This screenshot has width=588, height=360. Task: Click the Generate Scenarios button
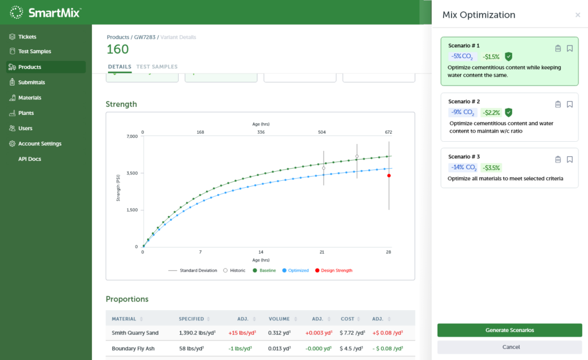click(x=509, y=330)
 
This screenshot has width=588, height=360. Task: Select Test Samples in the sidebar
click(x=34, y=52)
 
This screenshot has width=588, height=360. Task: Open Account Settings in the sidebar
click(x=40, y=144)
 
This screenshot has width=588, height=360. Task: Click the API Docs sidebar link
click(x=30, y=159)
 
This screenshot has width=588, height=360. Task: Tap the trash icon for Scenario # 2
click(x=558, y=104)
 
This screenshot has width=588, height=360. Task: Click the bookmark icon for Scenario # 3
click(x=570, y=160)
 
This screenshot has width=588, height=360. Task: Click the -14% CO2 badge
click(x=463, y=168)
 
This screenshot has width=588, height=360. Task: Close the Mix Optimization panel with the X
click(x=578, y=16)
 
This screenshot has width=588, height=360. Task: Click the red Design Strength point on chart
click(x=389, y=176)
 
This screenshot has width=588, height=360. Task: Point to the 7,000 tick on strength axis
click(x=131, y=136)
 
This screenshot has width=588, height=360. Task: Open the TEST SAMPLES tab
click(x=157, y=67)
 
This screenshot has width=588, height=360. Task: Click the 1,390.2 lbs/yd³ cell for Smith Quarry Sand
click(x=198, y=332)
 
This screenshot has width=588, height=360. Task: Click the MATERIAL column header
click(x=124, y=318)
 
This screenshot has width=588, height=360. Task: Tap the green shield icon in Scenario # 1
click(x=508, y=56)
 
